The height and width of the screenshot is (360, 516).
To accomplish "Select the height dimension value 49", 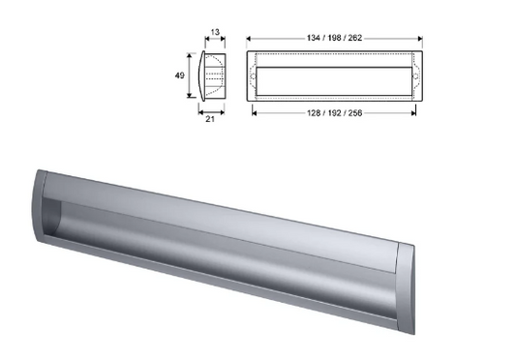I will tap(179, 75).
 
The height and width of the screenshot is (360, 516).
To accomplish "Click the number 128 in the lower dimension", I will tap(309, 113).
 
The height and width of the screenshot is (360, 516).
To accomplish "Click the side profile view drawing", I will tap(213, 75).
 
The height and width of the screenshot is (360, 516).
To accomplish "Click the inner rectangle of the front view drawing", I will tap(335, 75).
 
